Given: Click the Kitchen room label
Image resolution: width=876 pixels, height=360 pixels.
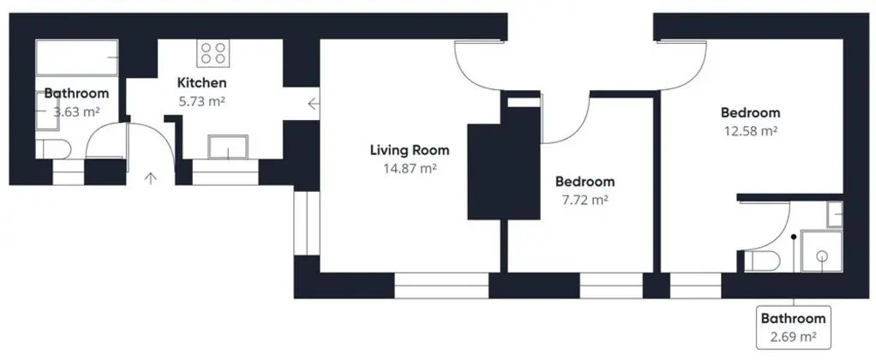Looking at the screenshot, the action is [x=201, y=83].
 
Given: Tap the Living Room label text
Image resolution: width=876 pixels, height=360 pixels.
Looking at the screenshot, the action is [x=410, y=150].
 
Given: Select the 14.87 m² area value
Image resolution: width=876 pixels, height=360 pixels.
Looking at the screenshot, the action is [x=410, y=168].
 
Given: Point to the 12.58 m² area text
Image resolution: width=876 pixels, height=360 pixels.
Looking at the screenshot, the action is [x=750, y=131].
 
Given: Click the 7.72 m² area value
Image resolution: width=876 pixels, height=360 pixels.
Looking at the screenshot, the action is [x=585, y=199].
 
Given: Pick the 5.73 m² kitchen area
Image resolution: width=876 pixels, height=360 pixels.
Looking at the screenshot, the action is [x=201, y=101].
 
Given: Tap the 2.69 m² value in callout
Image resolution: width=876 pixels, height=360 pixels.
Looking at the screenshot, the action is [x=794, y=337].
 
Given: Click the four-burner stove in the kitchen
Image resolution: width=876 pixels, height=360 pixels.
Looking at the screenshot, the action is [x=213, y=52].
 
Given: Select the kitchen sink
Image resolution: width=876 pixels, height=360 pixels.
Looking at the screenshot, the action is [x=228, y=147].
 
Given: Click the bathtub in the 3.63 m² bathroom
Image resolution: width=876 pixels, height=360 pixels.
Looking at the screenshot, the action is [x=77, y=57].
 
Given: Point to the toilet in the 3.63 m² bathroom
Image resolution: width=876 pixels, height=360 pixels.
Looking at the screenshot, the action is [x=53, y=149].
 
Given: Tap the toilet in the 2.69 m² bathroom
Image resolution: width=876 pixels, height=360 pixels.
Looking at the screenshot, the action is [x=763, y=261].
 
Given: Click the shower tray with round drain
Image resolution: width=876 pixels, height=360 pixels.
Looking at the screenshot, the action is [x=822, y=251].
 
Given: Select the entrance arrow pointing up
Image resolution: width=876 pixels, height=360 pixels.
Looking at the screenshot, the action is [x=151, y=178].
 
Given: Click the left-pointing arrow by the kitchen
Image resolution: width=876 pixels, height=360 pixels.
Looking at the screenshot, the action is [x=314, y=104].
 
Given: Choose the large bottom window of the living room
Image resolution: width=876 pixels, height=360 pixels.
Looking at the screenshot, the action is [x=441, y=285].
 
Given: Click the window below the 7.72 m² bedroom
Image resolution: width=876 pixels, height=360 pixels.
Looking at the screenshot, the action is [x=611, y=285].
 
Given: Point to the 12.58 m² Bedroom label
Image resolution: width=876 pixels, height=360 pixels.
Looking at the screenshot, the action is [x=750, y=113].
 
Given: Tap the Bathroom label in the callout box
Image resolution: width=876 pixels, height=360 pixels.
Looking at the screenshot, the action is [x=794, y=319].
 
